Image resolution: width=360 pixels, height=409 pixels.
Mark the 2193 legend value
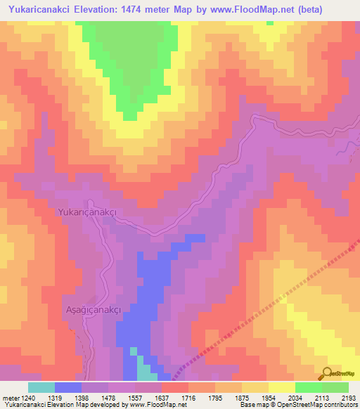tap(349, 397)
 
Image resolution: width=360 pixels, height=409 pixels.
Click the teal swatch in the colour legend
tap(41, 387)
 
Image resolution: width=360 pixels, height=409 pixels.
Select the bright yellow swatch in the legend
tap(282, 387)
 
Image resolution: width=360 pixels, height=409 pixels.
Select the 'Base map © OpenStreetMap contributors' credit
tap(297, 405)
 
